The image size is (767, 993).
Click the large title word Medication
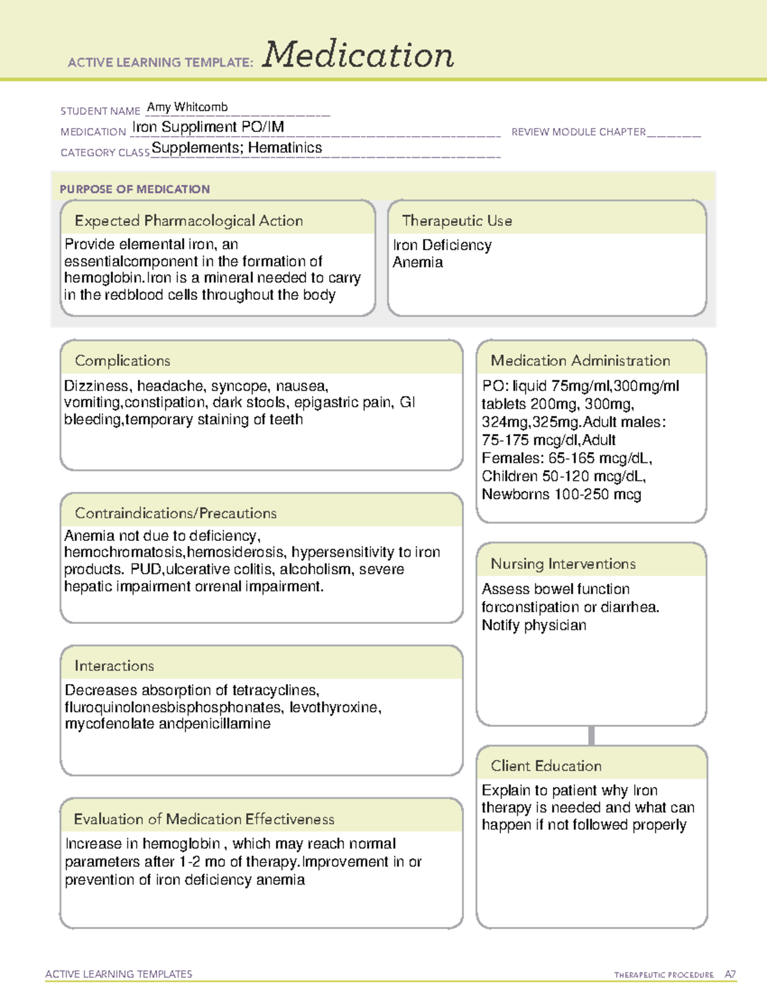click(x=358, y=55)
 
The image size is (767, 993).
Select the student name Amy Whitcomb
click(x=187, y=107)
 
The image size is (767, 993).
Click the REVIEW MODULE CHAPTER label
click(x=578, y=132)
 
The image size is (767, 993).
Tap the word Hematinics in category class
click(x=285, y=148)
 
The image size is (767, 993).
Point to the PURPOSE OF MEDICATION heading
click(x=135, y=189)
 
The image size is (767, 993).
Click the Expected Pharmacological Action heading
click(x=189, y=221)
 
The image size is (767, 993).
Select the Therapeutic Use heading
click(x=457, y=221)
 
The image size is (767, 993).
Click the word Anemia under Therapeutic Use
click(x=418, y=262)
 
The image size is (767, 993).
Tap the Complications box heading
click(x=123, y=361)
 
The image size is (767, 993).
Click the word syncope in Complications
click(x=240, y=386)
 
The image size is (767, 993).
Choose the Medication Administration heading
click(x=580, y=361)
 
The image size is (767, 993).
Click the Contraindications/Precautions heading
click(x=176, y=513)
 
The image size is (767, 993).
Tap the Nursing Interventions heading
click(x=563, y=563)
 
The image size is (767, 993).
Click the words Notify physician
click(x=534, y=625)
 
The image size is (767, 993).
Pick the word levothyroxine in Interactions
click(x=335, y=707)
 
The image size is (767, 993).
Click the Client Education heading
click(x=546, y=765)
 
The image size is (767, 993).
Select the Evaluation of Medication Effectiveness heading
click(x=204, y=819)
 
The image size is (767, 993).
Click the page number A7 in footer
click(x=730, y=974)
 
